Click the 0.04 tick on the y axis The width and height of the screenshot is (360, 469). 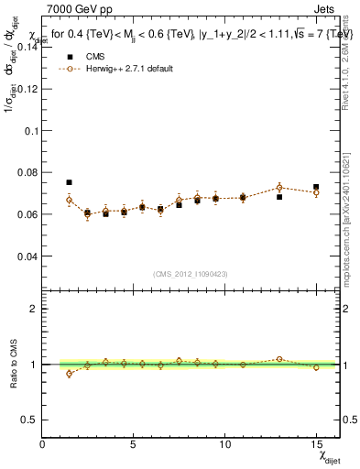[27, 256]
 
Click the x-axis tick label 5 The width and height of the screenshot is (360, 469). [134, 443]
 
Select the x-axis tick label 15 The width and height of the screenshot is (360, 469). [316, 443]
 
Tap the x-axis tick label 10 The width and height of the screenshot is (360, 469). [224, 443]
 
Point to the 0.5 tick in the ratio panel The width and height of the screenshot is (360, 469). [29, 420]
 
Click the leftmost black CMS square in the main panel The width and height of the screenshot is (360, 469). [69, 182]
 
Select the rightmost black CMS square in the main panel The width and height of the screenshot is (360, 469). [316, 187]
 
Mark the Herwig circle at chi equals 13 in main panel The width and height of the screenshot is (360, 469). [279, 188]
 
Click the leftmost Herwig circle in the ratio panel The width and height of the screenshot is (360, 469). [69, 374]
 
